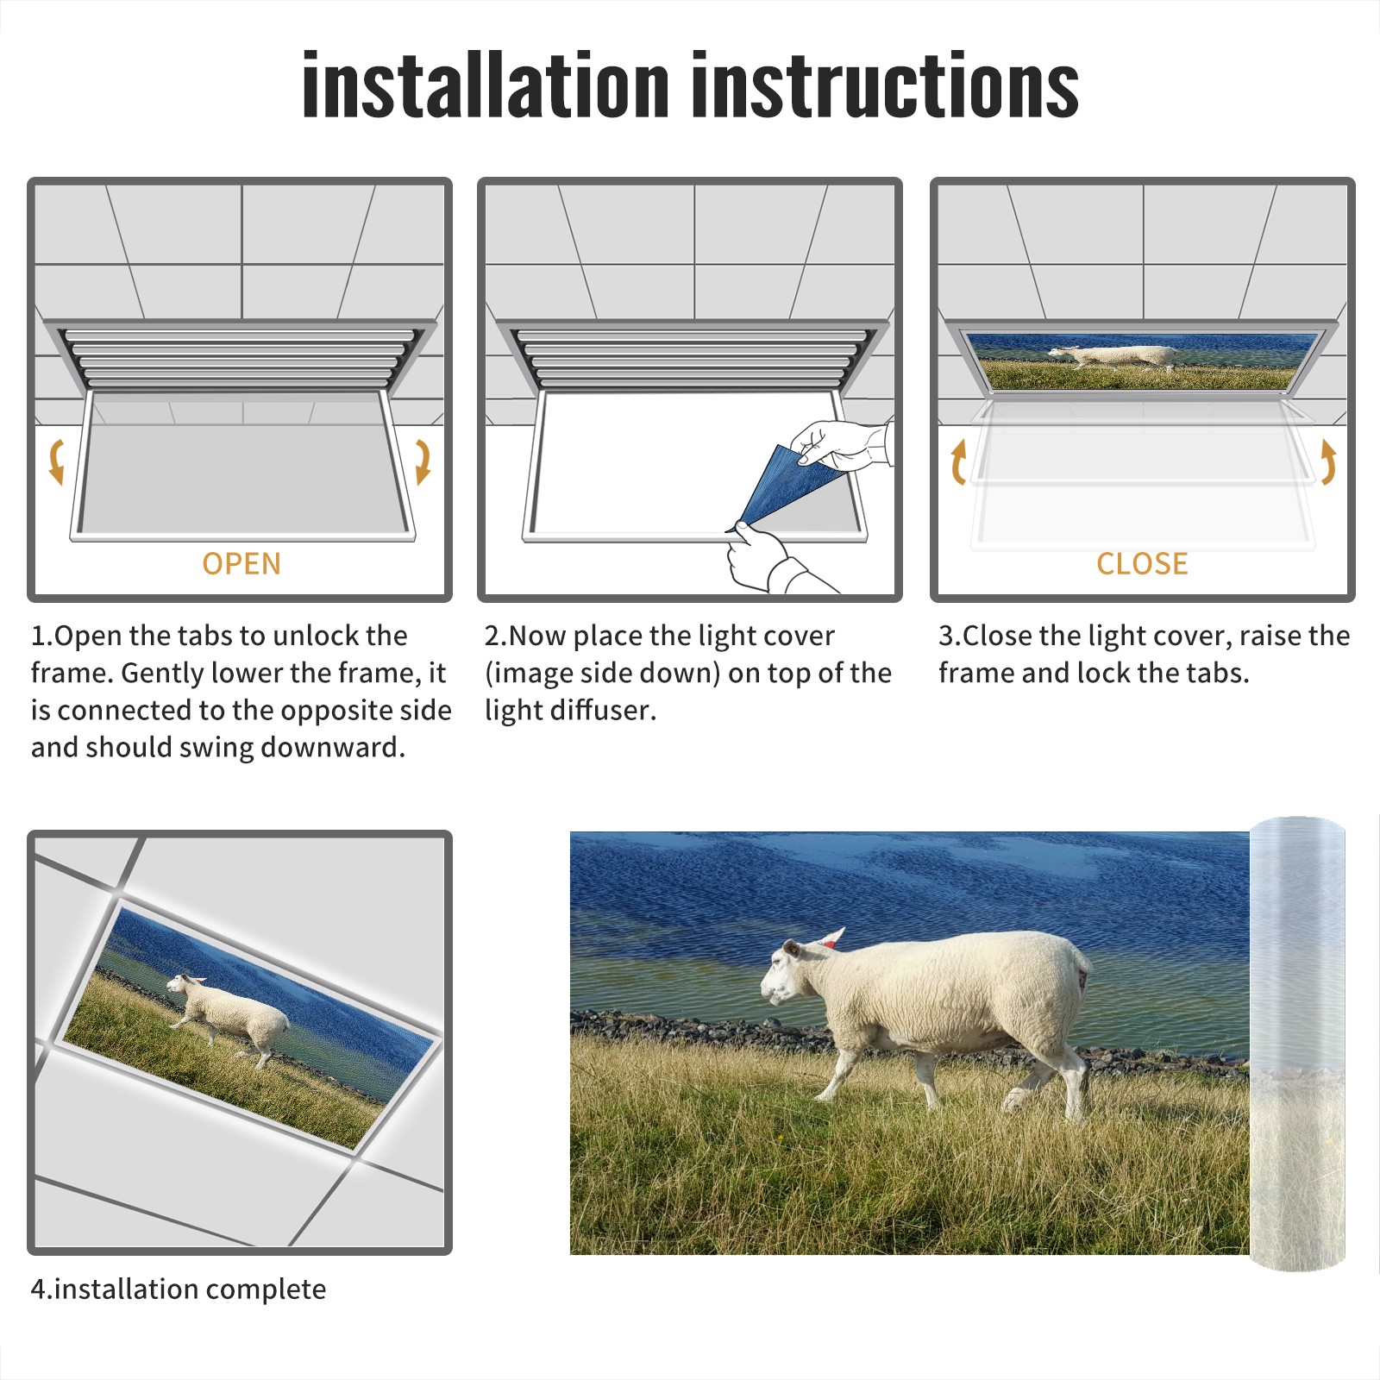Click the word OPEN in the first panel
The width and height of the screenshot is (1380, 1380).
pyautogui.click(x=241, y=563)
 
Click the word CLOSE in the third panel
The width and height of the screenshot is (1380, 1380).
pyautogui.click(x=1142, y=563)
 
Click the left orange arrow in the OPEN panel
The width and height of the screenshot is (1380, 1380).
pyautogui.click(x=57, y=461)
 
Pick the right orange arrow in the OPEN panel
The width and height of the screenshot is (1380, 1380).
pyautogui.click(x=423, y=461)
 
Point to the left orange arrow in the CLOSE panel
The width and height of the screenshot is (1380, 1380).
pyautogui.click(x=958, y=461)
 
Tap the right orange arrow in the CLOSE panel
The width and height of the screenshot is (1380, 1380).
pyautogui.click(x=1328, y=461)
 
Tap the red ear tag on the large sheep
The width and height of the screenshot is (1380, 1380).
pyautogui.click(x=828, y=944)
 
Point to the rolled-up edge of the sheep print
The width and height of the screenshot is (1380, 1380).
pyautogui.click(x=1297, y=1044)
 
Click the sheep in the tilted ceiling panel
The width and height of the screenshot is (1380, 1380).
pyautogui.click(x=229, y=1018)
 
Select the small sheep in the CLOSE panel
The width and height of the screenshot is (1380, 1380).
pyautogui.click(x=1113, y=356)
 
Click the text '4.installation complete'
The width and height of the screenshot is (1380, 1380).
pyautogui.click(x=179, y=1289)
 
